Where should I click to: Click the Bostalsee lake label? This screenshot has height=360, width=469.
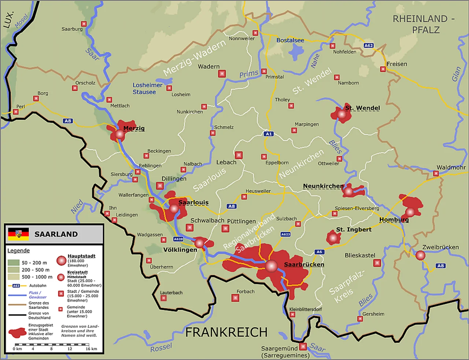click(x=290, y=40)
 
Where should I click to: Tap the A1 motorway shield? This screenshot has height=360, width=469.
click(x=269, y=134)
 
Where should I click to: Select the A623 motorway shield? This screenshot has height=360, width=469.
click(x=285, y=234)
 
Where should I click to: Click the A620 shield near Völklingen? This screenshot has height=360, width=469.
click(x=178, y=239)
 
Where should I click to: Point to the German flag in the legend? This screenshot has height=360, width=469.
click(x=18, y=234)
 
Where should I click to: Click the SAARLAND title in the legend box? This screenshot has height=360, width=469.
click(x=56, y=234)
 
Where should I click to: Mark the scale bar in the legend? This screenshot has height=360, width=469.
click(x=52, y=345)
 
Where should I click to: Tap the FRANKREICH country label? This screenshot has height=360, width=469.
click(x=226, y=332)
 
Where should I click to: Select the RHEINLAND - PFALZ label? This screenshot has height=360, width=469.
click(x=424, y=24)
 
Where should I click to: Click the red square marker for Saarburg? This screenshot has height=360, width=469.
click(x=84, y=24)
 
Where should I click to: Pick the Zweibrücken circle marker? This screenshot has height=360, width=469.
click(x=420, y=256)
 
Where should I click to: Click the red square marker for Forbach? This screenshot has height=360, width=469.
click(x=235, y=298)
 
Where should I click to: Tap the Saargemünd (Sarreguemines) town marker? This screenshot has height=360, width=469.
click(x=303, y=346)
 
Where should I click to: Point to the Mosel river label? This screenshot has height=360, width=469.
click(x=21, y=21)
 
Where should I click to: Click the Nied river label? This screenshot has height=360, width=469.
click(x=77, y=207)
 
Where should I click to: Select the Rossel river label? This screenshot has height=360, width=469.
click(x=161, y=347)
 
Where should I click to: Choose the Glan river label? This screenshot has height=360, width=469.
click(x=456, y=74)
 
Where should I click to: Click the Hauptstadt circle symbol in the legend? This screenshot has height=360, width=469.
click(x=61, y=261)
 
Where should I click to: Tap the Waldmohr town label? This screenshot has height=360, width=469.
click(x=451, y=168)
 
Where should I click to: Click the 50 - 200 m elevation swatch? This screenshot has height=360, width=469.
click(x=14, y=262)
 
